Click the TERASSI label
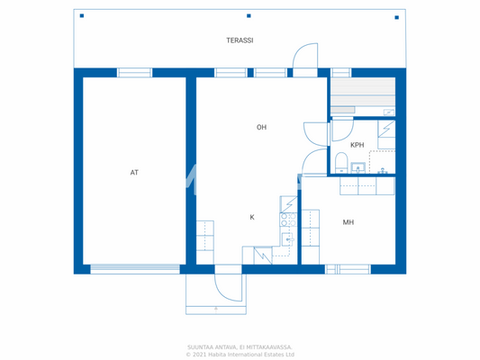tap(240, 40)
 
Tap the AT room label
tap(134, 172)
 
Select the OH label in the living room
tap(261, 128)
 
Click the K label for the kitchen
tap(252, 217)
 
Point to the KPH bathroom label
tap(357, 144)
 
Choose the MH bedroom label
tap(348, 221)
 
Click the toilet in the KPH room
tap(340, 162)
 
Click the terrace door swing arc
tap(306, 56)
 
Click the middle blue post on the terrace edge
tap(248, 15)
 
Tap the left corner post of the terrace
tap(81, 15)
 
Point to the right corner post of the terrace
tap(394, 15)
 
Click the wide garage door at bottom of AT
tap(134, 267)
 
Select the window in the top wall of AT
tap(134, 72)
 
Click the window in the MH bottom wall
tap(348, 268)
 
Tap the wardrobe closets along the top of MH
tap(367, 185)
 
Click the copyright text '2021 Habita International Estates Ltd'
tap(240, 355)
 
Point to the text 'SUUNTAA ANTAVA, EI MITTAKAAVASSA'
tap(240, 346)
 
